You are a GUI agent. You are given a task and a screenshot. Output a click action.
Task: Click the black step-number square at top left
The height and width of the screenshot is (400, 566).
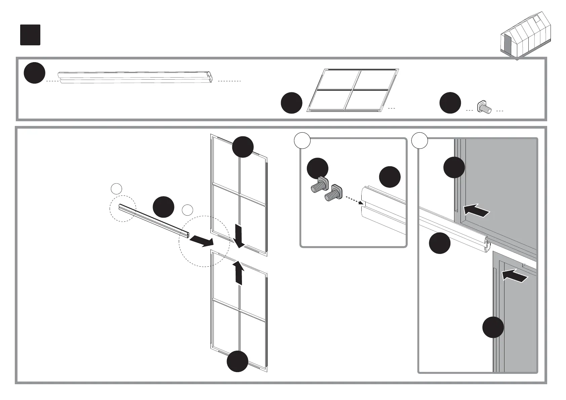[x=30, y=35]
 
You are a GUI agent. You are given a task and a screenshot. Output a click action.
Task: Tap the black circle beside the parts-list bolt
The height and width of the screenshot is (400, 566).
[x=450, y=103]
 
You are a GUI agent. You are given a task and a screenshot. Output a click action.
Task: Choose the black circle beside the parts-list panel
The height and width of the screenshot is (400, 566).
[x=291, y=103]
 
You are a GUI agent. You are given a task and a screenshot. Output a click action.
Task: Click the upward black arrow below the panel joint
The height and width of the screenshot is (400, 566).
[x=238, y=272]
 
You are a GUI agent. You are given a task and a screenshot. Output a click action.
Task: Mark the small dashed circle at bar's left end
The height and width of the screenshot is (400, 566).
[x=123, y=209]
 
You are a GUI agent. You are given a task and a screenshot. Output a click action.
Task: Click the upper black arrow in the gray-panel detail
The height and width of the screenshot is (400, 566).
[x=477, y=211]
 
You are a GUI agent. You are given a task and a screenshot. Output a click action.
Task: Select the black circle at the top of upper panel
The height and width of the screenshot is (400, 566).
[x=243, y=147]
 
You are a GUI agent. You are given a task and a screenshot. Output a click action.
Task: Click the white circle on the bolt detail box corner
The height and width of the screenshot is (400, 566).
[x=302, y=140]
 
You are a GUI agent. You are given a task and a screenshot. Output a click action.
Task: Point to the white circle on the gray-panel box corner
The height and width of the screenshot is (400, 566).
[x=419, y=140]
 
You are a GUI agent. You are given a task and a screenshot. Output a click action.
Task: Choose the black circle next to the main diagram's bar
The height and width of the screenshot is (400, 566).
[x=163, y=208]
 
